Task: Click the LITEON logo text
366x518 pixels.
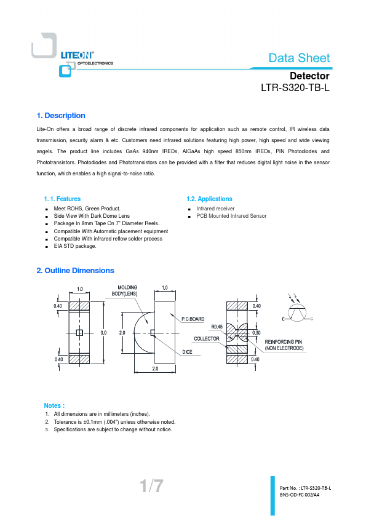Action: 77,55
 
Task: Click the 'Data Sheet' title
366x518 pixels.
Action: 299,58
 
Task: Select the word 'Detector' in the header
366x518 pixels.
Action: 309,76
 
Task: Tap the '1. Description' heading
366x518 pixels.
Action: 61,116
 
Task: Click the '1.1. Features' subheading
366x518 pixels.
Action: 62,199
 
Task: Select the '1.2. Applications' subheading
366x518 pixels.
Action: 209,199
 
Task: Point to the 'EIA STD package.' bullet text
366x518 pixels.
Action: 75,246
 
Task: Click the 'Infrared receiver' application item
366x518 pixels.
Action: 215,209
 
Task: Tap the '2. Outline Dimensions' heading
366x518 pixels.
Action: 75,271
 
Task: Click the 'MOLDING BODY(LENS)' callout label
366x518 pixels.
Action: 125,291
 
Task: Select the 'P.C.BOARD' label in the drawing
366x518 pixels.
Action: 193,319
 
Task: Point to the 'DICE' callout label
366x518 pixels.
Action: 187,352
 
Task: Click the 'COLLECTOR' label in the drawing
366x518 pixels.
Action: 207,338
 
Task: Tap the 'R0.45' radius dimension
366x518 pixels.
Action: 217,327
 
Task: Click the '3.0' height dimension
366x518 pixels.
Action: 103,333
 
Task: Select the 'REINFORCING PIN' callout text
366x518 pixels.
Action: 284,342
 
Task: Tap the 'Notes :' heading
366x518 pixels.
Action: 54,405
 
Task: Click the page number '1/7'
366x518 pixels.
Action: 151,486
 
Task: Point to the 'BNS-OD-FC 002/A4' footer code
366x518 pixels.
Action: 300,495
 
